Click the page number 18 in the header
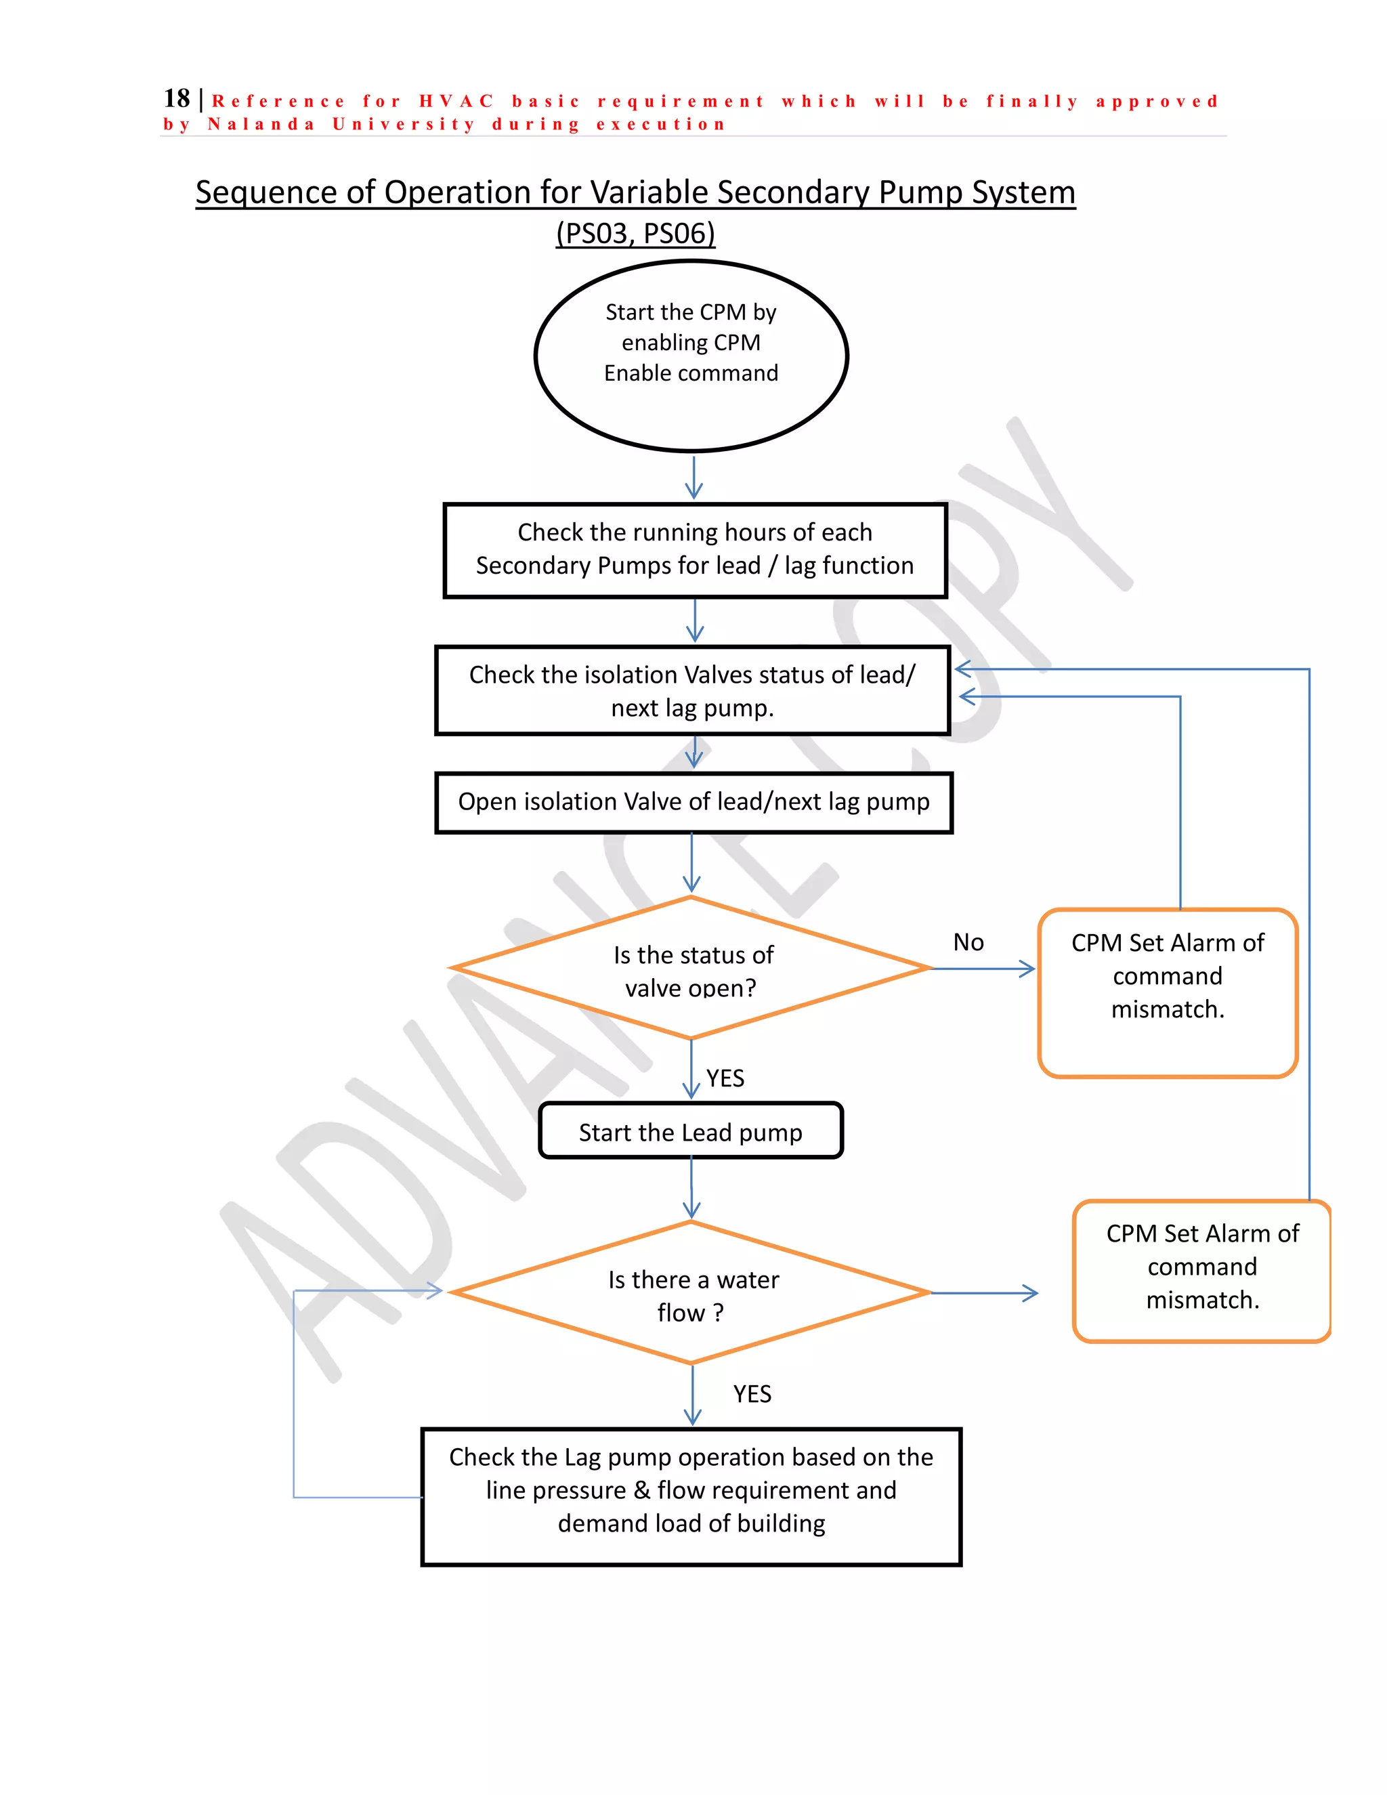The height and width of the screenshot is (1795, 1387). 176,99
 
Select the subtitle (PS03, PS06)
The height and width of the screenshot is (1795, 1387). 635,234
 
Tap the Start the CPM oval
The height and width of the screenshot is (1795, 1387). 691,355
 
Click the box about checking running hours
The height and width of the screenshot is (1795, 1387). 694,550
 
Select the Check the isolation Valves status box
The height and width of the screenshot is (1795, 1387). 692,690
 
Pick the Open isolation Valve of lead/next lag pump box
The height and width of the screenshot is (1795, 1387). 693,802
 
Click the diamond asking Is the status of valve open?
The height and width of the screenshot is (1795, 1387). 692,969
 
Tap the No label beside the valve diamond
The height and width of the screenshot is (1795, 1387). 968,942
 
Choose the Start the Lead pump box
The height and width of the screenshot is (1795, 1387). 690,1132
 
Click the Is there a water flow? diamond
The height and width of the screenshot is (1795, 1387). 692,1294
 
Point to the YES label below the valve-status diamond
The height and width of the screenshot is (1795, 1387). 725,1078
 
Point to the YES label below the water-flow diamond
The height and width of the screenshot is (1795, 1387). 752,1394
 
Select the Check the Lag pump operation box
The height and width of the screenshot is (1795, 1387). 691,1497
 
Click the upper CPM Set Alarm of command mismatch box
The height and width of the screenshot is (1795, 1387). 1167,992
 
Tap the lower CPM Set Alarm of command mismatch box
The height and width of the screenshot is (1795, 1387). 1201,1271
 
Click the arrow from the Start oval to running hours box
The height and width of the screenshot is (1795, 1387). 694,478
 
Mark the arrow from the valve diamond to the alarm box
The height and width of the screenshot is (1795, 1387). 983,969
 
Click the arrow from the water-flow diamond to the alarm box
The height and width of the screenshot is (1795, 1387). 984,1294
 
